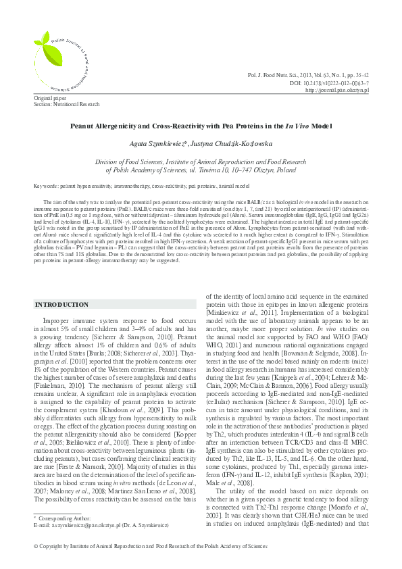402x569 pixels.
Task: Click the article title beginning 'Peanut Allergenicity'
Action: [201, 126]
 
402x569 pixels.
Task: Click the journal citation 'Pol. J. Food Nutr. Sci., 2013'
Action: [284, 76]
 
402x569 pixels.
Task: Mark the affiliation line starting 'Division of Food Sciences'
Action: [201, 163]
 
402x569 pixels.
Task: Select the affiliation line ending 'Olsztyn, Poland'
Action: [201, 172]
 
